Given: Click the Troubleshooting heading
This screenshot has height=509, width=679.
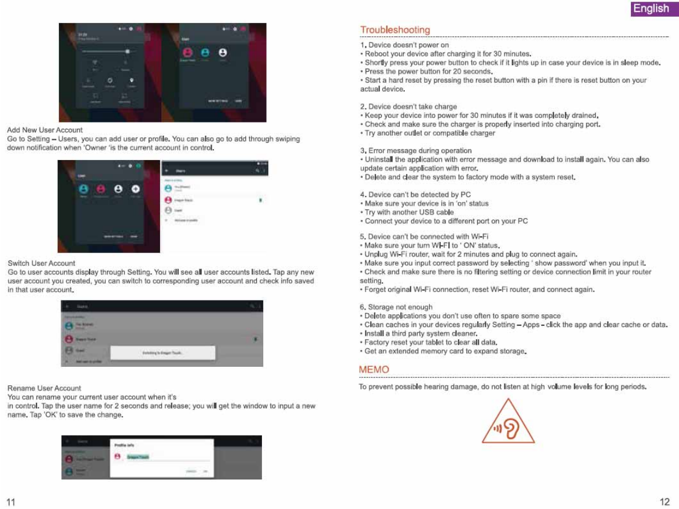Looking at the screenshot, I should click(x=395, y=30).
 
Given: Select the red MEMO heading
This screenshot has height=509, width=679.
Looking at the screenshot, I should click(x=374, y=370).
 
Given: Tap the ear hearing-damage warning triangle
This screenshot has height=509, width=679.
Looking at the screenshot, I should click(x=507, y=423).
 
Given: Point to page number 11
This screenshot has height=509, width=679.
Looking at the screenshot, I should click(x=11, y=501).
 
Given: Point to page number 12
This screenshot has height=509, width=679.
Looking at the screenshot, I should click(x=665, y=501).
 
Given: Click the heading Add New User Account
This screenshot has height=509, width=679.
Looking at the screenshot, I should click(x=45, y=130).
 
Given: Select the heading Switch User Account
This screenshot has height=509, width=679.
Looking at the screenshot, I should click(x=42, y=263).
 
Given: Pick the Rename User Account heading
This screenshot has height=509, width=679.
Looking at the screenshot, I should click(x=44, y=388).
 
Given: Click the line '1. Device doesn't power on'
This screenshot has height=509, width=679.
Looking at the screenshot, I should click(x=404, y=45).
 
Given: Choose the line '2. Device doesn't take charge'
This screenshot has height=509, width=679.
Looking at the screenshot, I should click(x=408, y=107).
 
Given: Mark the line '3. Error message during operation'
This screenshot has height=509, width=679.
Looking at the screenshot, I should click(x=416, y=151).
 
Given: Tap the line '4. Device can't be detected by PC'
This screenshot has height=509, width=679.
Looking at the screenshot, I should click(x=415, y=195).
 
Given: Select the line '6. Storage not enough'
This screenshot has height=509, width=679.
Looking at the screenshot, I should click(x=396, y=307).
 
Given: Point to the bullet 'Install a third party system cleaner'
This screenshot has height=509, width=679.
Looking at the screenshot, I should click(x=420, y=333).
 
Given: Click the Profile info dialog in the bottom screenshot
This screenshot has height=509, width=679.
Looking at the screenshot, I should click(x=163, y=456).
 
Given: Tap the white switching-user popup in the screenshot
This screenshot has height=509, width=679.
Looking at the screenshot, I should click(x=163, y=352).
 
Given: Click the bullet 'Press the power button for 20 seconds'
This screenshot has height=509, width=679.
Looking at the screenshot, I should click(x=428, y=72).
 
